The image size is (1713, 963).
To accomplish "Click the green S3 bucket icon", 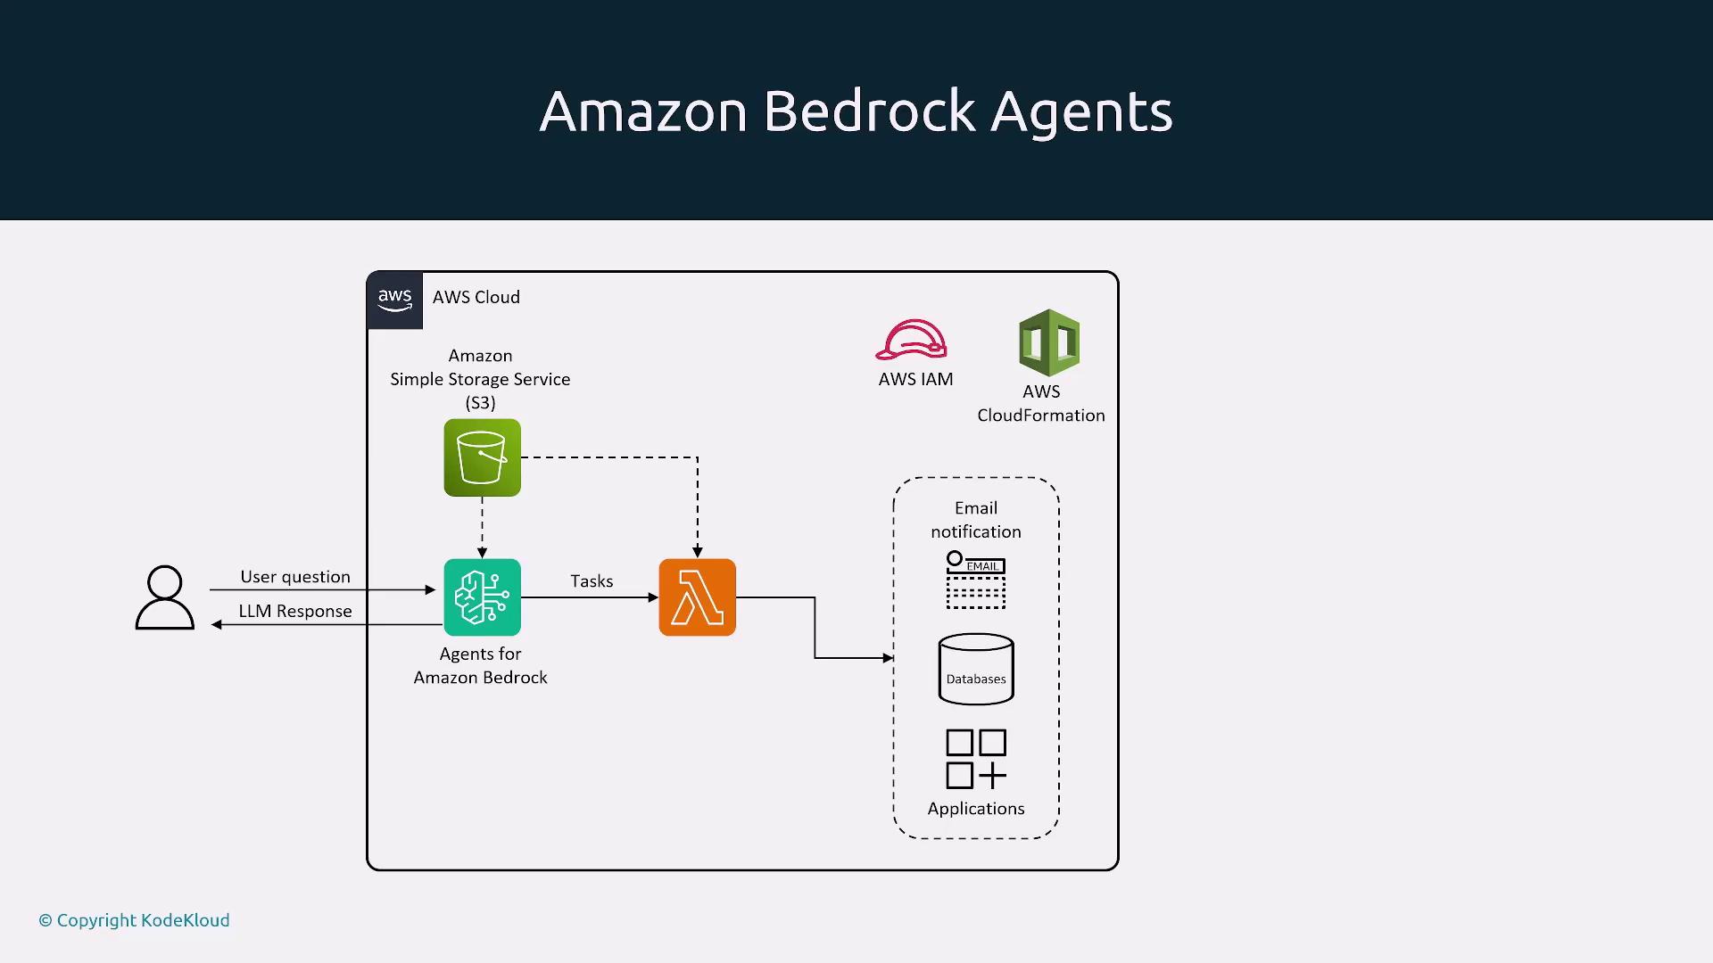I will point(482,457).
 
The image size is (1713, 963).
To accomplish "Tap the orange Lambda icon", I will point(697,597).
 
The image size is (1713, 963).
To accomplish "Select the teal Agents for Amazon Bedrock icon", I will point(482,597).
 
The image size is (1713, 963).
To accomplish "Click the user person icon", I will point(165,597).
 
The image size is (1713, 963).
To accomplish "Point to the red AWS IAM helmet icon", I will point(911,340).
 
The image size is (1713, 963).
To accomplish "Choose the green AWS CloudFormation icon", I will point(1049,342).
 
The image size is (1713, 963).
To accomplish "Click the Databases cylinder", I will point(976,669).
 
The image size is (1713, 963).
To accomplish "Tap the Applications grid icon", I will point(976,759).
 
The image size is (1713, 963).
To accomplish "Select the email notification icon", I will point(975,580).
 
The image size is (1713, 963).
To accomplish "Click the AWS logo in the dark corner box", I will point(394,300).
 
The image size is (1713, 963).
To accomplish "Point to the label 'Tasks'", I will point(592,581).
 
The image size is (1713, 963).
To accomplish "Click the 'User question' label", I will point(295,577).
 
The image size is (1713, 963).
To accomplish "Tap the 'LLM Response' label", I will point(295,611).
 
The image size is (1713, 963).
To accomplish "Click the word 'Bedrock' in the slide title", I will point(869,111).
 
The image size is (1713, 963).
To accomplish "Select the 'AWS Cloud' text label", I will point(476,297).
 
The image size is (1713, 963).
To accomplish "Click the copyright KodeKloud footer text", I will point(134,920).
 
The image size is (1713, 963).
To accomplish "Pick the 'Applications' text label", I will point(976,809).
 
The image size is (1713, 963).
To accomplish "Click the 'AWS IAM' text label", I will point(915,379).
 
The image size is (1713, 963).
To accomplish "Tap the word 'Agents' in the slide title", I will point(1081,113).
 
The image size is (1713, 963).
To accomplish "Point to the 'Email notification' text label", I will point(976,520).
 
